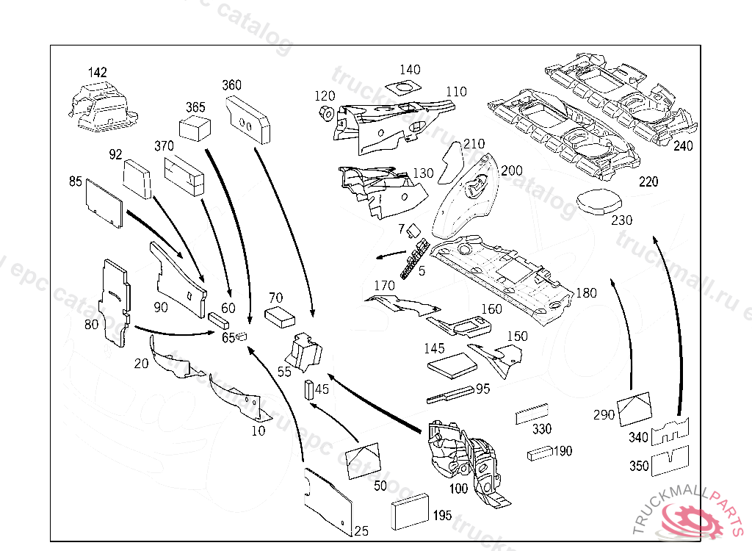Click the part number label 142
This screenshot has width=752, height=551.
click(98, 73)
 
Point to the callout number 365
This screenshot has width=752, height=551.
click(195, 107)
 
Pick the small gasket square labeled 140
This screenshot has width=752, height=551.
click(403, 90)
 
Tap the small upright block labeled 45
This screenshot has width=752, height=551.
click(309, 389)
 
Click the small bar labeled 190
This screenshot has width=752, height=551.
click(539, 453)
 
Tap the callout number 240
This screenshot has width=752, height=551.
click(683, 146)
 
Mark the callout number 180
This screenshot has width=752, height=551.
click(586, 293)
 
